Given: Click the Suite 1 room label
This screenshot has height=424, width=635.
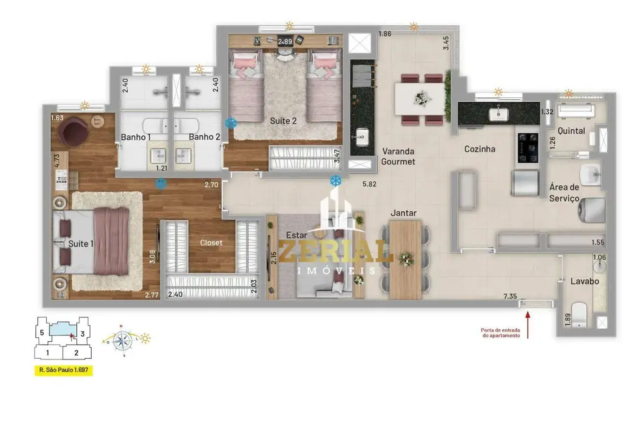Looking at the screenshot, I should point(81,243).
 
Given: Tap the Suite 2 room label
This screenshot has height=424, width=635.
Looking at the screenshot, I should point(283,121).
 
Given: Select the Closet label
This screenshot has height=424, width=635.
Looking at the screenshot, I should point(210,243).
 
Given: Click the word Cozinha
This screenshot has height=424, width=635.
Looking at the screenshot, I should point(479,149).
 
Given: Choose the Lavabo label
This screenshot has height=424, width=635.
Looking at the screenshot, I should point(585,281).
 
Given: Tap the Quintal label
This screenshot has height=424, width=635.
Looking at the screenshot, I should point(571,130).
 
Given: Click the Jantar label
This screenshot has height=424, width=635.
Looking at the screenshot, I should point(404,213).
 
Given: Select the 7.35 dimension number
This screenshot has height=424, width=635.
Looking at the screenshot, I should point(511,297).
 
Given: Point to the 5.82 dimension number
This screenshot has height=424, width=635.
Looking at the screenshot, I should point(370,185).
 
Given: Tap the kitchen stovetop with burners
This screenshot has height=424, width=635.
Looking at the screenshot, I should point(527,149).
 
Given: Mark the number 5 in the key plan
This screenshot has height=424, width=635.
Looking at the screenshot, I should point(41,333).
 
